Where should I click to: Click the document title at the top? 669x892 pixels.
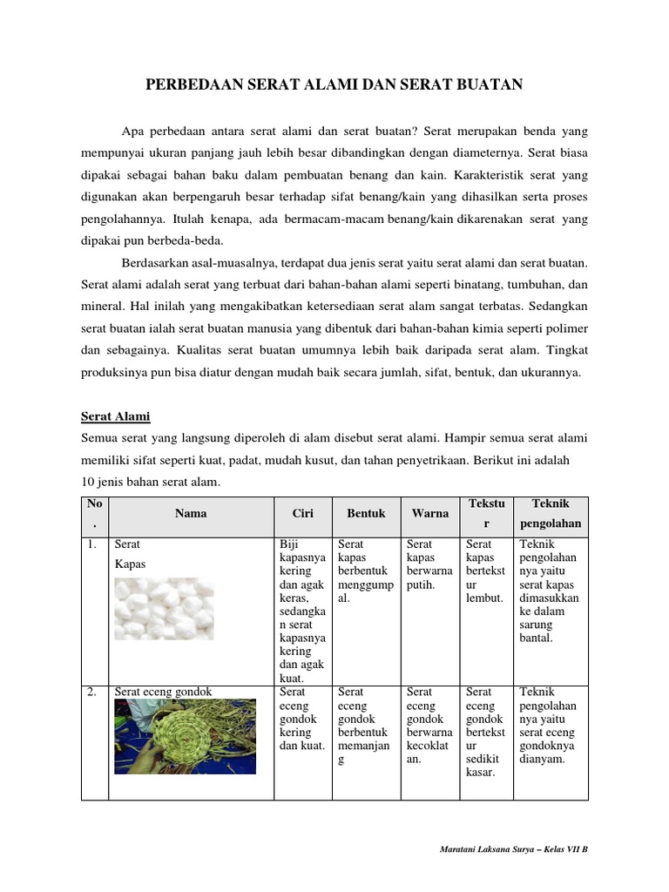coord(334,84)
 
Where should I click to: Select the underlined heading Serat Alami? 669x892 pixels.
coord(116,416)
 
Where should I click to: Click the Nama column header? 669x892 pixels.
coord(191,513)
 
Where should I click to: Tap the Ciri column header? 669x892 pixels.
coord(302,513)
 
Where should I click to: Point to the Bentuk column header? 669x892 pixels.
coord(366,513)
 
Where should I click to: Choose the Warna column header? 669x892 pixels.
coord(430,513)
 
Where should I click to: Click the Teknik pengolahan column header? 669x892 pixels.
coord(551,514)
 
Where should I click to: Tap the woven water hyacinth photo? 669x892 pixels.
coord(185,736)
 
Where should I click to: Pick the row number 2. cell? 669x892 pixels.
coord(93,693)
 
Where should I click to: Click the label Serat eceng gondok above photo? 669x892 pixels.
coord(163,693)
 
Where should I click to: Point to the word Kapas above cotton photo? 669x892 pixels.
coord(130,564)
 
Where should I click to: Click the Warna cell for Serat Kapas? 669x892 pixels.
coord(429,564)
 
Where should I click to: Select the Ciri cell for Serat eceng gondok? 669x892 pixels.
coord(301,719)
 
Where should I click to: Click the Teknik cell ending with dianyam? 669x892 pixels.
coord(549,726)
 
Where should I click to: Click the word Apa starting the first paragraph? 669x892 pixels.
coord(132,132)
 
